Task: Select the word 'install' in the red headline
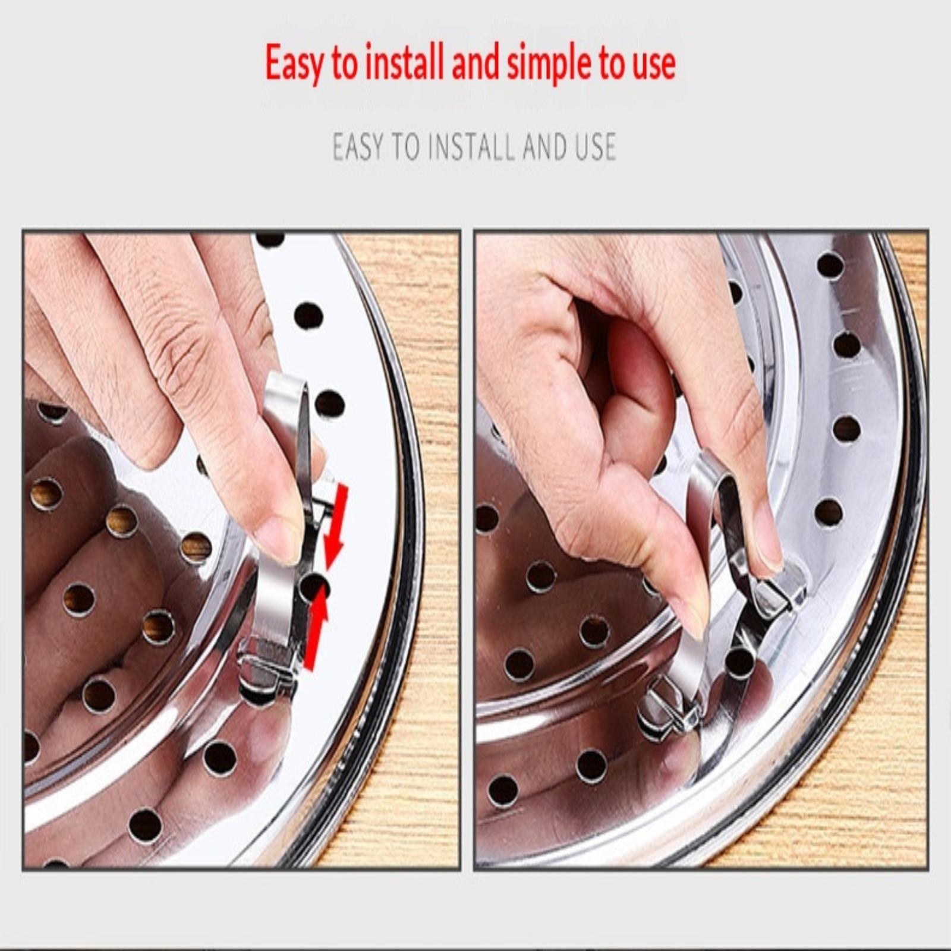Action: (404, 62)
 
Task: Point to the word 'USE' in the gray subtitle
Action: (595, 147)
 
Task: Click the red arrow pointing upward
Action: (316, 626)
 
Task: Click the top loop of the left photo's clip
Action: (286, 393)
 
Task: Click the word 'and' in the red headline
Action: (475, 63)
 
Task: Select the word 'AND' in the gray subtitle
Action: (544, 147)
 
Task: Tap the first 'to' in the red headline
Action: (345, 64)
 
